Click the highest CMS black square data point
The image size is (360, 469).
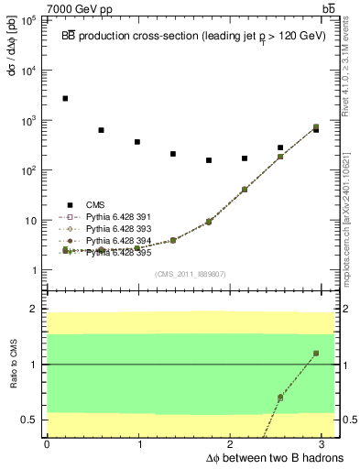pyautogui.click(x=65, y=98)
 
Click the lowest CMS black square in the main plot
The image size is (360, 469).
pyautogui.click(x=209, y=160)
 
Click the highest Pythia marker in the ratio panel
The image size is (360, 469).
pyautogui.click(x=316, y=353)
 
